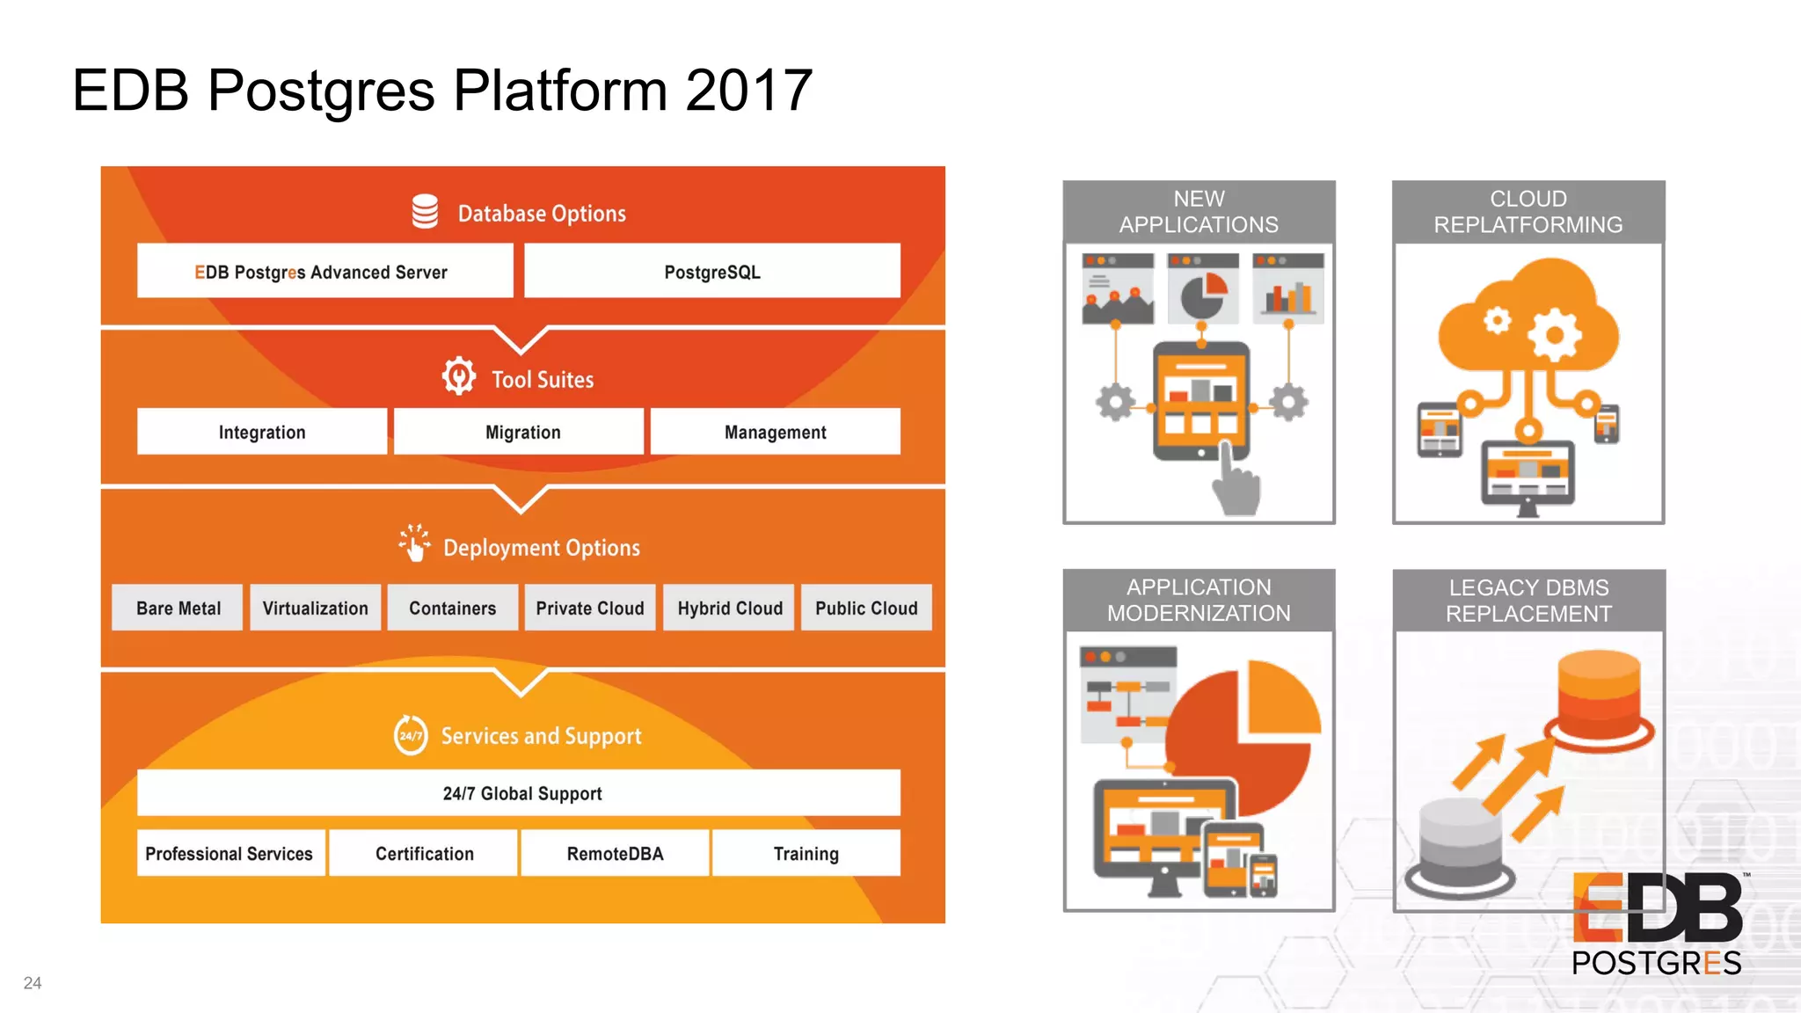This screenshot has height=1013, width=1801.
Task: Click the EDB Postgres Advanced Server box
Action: [324, 272]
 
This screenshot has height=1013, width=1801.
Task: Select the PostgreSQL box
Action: [711, 272]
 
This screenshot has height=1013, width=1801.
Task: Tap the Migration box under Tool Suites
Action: [522, 432]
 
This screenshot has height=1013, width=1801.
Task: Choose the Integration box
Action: [262, 432]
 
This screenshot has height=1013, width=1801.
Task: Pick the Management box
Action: [775, 432]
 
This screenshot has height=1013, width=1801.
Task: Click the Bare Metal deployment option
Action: [178, 608]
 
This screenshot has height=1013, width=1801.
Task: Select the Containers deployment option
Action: [452, 608]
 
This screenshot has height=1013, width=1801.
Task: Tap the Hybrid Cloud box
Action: [729, 608]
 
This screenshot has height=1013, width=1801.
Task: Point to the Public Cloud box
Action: [866, 608]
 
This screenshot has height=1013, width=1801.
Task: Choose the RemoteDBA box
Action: [615, 853]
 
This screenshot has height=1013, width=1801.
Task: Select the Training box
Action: [806, 853]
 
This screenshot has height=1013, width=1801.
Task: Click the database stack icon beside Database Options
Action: [425, 211]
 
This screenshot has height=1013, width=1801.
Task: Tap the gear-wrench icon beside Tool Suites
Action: [459, 376]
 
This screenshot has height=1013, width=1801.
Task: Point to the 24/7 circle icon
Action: [411, 734]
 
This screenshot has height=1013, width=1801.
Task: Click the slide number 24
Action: [33, 983]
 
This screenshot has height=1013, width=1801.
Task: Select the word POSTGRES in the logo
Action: [1656, 963]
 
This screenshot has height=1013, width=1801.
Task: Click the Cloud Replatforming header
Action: [1528, 212]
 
